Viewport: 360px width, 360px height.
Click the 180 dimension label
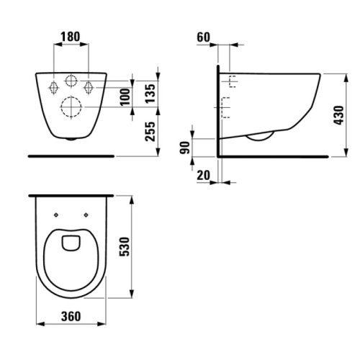pyautogui.click(x=71, y=35)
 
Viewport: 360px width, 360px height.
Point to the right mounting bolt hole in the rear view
pyautogui.click(x=89, y=86)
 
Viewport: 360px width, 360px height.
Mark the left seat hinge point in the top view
pyautogui.click(x=56, y=214)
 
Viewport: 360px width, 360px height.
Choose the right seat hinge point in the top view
pyautogui.click(x=86, y=214)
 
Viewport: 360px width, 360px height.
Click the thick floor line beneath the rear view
pyautogui.click(x=71, y=154)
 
